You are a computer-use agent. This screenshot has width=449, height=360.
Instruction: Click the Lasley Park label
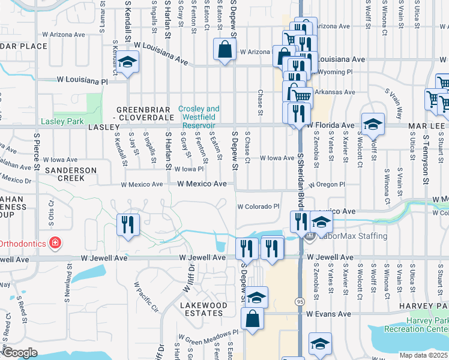tap(62, 121)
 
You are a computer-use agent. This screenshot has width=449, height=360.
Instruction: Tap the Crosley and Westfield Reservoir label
tap(199, 113)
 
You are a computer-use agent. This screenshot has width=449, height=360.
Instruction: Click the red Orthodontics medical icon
tap(55, 243)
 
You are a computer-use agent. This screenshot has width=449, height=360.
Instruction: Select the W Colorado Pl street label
tap(258, 206)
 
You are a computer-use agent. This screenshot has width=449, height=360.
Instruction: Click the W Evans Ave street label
tap(328, 314)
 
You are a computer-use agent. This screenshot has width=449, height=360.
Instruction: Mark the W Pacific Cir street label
tap(146, 298)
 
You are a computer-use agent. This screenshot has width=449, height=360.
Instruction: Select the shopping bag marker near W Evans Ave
tap(253, 319)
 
